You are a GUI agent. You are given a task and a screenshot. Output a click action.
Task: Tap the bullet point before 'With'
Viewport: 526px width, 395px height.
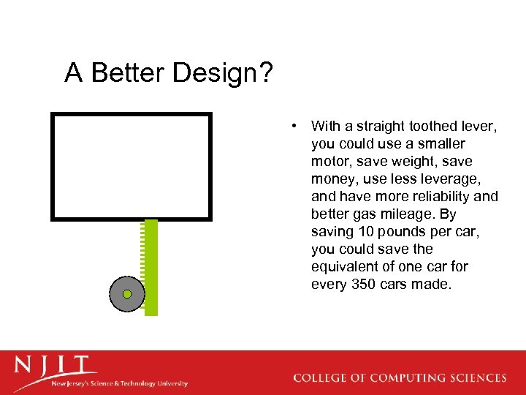point(293,125)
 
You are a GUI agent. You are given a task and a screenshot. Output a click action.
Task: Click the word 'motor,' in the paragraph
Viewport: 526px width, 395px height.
point(332,162)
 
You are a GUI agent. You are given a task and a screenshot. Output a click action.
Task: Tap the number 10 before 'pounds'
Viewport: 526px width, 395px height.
point(365,232)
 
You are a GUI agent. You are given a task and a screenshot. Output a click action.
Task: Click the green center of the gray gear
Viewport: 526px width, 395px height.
point(127,294)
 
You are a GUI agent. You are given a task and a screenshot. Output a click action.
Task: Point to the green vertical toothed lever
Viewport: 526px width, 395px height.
point(151,268)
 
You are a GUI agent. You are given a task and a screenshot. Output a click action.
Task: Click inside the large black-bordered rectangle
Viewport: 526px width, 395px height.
point(131,166)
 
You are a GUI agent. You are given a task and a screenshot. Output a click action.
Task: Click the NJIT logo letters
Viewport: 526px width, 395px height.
point(55,366)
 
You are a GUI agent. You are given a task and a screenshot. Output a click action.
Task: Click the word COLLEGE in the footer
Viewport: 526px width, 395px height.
point(321,378)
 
